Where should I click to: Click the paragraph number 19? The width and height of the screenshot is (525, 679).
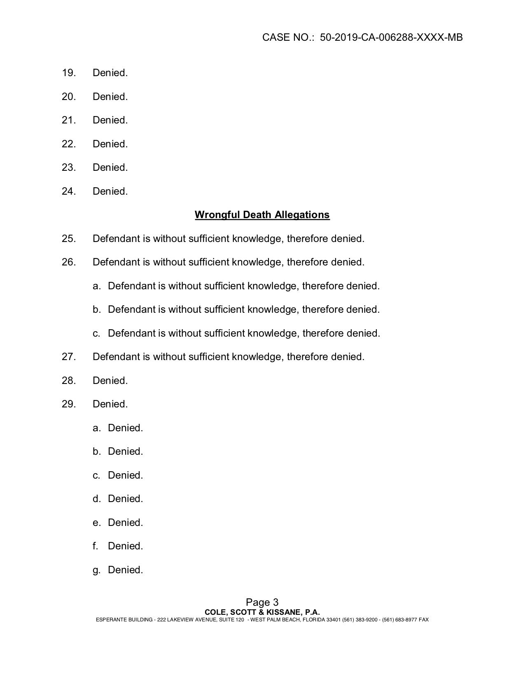pyautogui.click(x=69, y=73)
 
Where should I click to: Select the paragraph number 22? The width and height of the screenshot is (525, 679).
pyautogui.click(x=69, y=144)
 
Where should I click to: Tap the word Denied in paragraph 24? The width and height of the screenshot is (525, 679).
pyautogui.click(x=110, y=191)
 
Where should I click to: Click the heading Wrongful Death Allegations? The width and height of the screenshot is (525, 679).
pyautogui.click(x=262, y=215)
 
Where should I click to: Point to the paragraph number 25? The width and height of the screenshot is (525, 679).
pyautogui.click(x=69, y=239)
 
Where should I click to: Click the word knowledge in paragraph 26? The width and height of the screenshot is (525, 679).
pyautogui.click(x=257, y=262)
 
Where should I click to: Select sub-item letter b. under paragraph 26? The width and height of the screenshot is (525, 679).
pyautogui.click(x=96, y=309)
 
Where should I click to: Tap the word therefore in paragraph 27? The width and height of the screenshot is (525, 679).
pyautogui.click(x=307, y=357)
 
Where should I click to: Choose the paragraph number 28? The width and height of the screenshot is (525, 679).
pyautogui.click(x=69, y=381)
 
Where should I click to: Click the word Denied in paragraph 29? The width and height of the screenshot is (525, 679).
pyautogui.click(x=110, y=404)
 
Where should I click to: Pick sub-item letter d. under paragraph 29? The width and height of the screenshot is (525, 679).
pyautogui.click(x=96, y=499)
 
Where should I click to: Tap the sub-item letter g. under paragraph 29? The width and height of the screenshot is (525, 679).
pyautogui.click(x=96, y=570)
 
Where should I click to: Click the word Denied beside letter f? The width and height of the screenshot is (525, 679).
pyautogui.click(x=125, y=546)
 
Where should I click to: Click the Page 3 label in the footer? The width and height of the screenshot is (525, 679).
pyautogui.click(x=262, y=602)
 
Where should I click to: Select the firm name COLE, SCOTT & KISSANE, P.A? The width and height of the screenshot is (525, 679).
pyautogui.click(x=262, y=612)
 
